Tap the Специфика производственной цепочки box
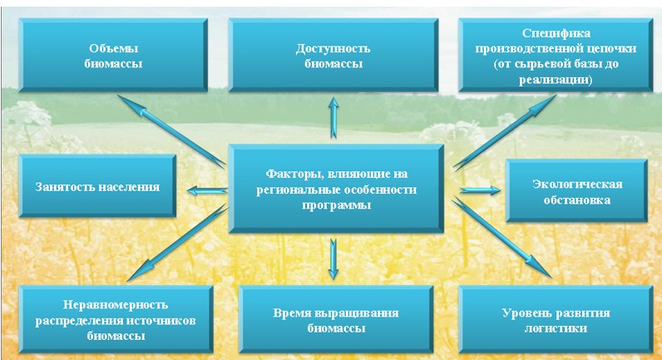[x=556, y=56]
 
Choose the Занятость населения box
[x=98, y=185]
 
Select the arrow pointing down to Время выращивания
[x=333, y=259]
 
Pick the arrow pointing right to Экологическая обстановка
[x=480, y=190]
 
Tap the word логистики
[x=556, y=329]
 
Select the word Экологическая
[x=576, y=184]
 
